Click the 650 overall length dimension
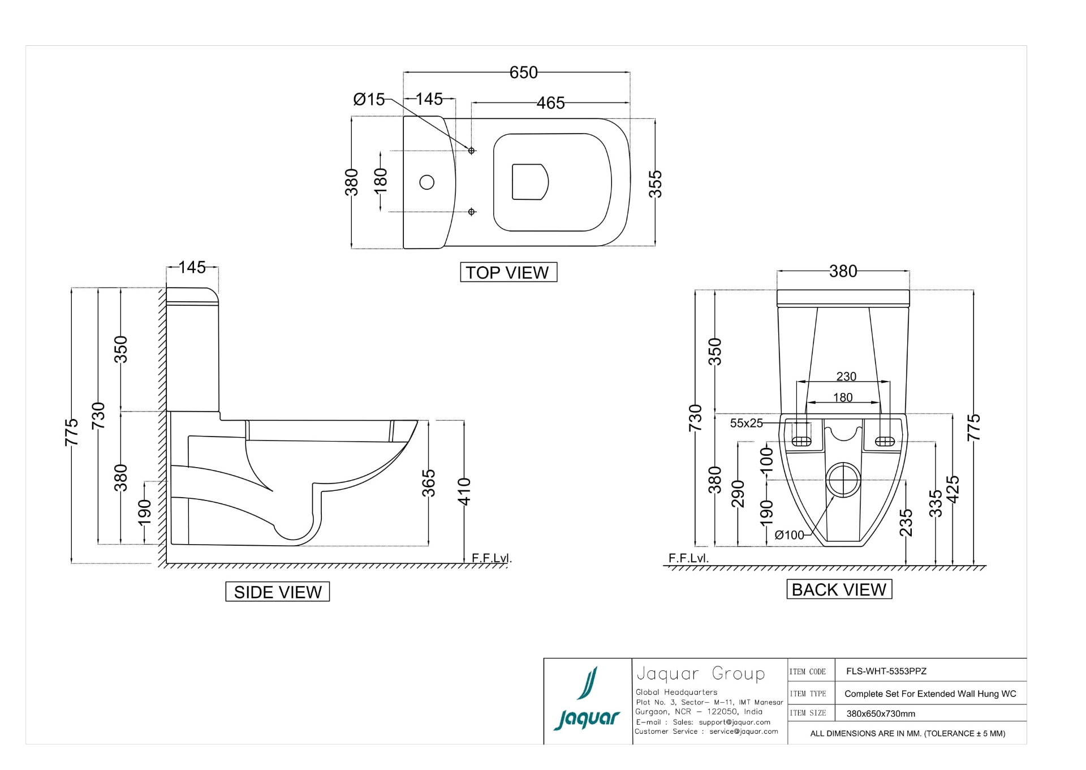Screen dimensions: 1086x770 pos(523,72)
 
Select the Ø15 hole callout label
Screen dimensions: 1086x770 pos(369,100)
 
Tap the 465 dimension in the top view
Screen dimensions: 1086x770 pos(550,103)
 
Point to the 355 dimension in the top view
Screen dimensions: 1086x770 pos(654,184)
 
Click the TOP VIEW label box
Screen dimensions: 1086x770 pos(508,272)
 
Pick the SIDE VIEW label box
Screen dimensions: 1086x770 pos(277,592)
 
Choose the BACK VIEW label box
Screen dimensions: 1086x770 pos(839,589)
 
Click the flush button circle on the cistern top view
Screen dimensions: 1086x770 pos(427,182)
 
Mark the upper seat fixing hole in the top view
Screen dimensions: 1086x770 pos(471,151)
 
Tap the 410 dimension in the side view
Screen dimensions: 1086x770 pos(464,491)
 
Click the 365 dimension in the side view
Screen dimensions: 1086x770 pos(429,483)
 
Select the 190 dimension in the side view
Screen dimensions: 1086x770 pos(145,512)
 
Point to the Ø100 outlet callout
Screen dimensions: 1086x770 pos(789,535)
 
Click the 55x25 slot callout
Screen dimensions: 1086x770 pos(747,423)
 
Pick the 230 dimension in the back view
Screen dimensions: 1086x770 pos(846,377)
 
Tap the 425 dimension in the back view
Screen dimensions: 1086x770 pos(953,489)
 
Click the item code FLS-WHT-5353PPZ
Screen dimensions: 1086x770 pos(886,671)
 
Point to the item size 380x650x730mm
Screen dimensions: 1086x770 pos(881,714)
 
